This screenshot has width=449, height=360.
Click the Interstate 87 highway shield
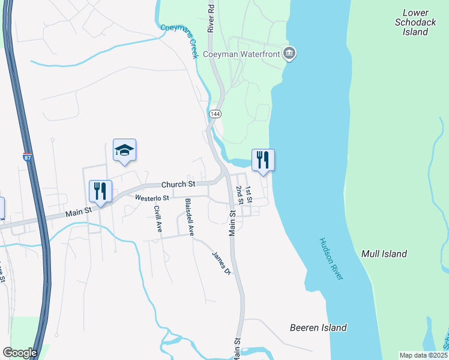click(x=27, y=157)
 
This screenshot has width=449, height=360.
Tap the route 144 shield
click(x=214, y=113)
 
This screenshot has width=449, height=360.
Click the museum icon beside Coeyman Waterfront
click(x=289, y=54)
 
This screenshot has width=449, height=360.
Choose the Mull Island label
click(x=384, y=254)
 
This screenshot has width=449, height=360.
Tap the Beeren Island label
click(x=318, y=328)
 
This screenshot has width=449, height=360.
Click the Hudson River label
click(x=330, y=258)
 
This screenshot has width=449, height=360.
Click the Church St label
click(x=179, y=184)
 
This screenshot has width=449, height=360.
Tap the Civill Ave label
click(x=158, y=219)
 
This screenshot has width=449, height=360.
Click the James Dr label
click(x=221, y=262)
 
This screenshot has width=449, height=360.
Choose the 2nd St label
click(x=239, y=195)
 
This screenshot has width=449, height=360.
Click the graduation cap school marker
click(x=124, y=149)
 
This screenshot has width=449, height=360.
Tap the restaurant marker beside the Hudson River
click(x=263, y=160)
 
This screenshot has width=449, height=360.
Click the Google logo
click(x=20, y=353)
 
